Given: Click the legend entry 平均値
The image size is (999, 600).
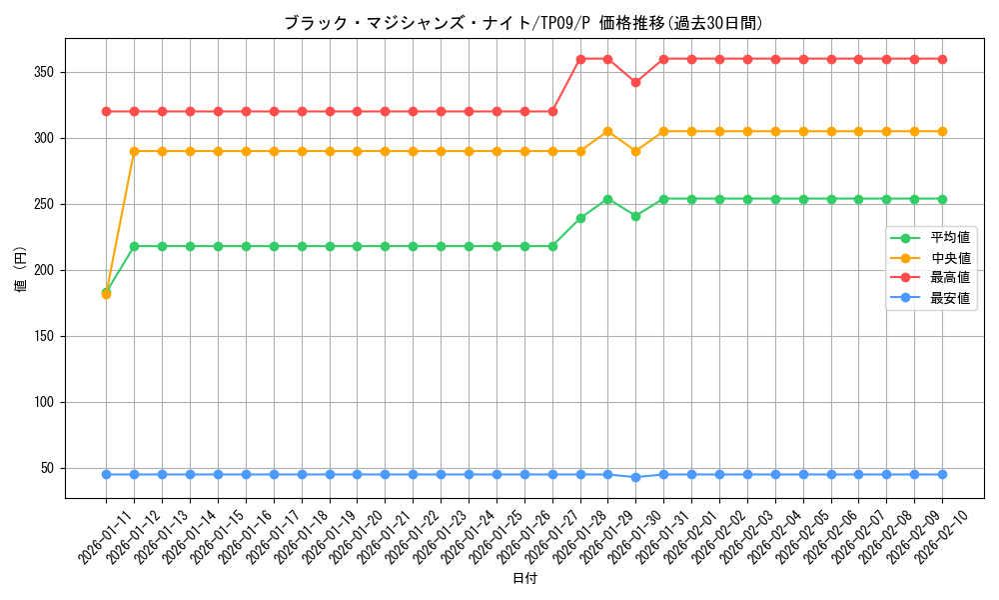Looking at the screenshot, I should tap(949, 238).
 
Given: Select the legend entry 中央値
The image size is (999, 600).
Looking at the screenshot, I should tap(949, 258).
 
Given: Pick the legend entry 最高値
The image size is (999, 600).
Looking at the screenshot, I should tap(949, 278).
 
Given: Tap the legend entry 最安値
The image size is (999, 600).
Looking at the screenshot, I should tap(949, 298).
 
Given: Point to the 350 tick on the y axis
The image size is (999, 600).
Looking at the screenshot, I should tap(46, 72).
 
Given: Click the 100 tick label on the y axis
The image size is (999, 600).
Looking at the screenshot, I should tap(46, 402).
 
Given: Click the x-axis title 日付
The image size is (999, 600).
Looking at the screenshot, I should tap(524, 579).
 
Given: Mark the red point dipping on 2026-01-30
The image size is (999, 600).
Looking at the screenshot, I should tap(635, 82).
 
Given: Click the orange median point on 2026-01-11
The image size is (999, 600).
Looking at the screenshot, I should tap(106, 294).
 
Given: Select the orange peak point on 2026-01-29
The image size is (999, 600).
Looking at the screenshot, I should tap(607, 131).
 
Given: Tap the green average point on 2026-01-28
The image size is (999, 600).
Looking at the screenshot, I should tap(580, 218).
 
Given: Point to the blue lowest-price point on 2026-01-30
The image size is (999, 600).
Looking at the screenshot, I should tap(635, 477).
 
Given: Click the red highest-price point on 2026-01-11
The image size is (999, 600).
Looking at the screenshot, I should tap(106, 111).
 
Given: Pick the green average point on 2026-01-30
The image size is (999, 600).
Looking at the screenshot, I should tap(635, 216).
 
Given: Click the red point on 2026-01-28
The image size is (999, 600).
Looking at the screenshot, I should tap(580, 59).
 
